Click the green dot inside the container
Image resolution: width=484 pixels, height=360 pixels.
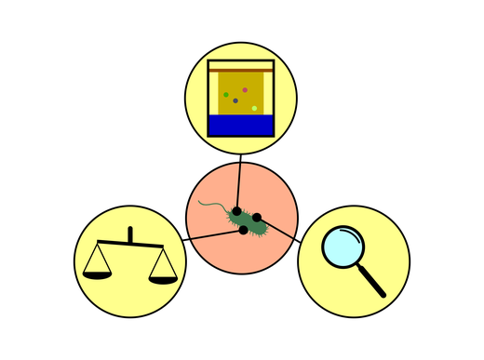pyautogui.click(x=226, y=94)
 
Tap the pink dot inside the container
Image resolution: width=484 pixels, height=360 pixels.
pyautogui.click(x=245, y=90)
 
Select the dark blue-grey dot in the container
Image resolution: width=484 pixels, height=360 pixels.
pyautogui.click(x=235, y=100)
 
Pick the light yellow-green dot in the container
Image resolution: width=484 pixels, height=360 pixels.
pyautogui.click(x=254, y=108)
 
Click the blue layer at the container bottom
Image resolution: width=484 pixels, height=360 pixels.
pyautogui.click(x=241, y=125)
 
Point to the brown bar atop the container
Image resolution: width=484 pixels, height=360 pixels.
pyautogui.click(x=241, y=68)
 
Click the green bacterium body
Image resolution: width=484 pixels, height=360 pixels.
pyautogui.click(x=247, y=220)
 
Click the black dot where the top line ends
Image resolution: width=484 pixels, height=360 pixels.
pyautogui.click(x=237, y=211)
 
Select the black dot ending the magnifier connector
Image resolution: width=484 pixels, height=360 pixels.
pyautogui.click(x=256, y=218)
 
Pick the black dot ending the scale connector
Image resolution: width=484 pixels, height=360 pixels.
pyautogui.click(x=243, y=229)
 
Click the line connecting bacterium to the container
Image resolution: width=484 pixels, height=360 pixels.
pyautogui.click(x=239, y=181)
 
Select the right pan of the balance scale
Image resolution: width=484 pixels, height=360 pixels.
pyautogui.click(x=162, y=278)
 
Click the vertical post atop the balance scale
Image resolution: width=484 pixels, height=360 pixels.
pyautogui.click(x=130, y=234)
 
